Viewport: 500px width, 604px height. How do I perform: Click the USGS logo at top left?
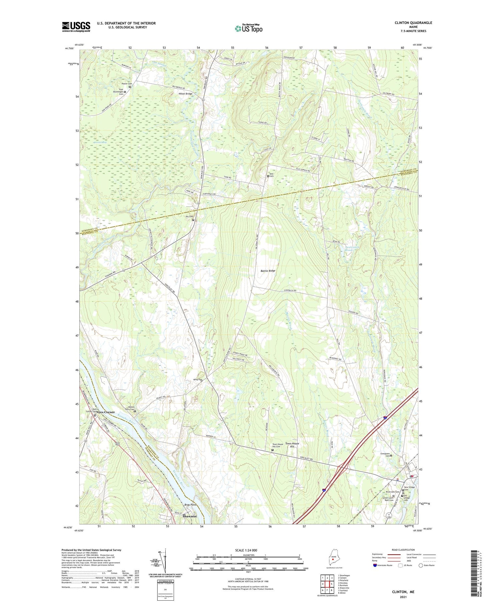tap(76, 27)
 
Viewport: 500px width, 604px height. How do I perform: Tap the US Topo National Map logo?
tap(248, 28)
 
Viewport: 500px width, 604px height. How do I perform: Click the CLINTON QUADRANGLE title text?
tap(413, 23)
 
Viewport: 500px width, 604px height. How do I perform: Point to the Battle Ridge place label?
tap(268, 271)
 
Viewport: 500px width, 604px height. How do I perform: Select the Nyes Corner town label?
tap(105, 412)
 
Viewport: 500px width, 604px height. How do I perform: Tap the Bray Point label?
tap(190, 505)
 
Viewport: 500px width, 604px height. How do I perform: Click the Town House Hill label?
tap(292, 445)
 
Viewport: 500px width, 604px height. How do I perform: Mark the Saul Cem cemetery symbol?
tap(268, 176)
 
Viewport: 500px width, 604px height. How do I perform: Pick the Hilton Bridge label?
tap(185, 94)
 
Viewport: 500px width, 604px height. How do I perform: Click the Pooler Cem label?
tap(127, 84)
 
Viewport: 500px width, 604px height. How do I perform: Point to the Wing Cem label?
tap(198, 379)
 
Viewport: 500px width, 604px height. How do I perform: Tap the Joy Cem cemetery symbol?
tap(193, 220)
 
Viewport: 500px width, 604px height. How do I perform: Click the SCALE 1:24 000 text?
tap(248, 550)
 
